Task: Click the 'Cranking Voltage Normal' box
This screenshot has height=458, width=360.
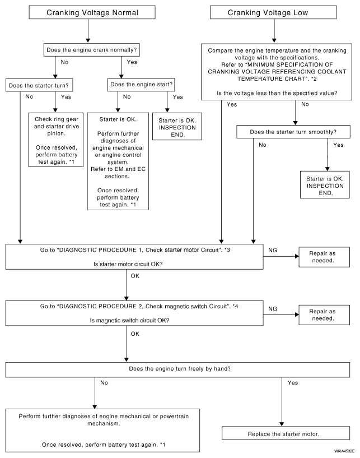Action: coord(92,12)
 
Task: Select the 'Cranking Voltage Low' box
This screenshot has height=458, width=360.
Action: coord(273,12)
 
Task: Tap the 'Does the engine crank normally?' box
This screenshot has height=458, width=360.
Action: coord(92,50)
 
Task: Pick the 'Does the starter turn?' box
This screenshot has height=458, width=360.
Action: coord(39,86)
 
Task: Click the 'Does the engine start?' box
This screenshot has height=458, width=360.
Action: coord(141,85)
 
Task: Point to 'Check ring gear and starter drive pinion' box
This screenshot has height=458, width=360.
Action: coord(56,140)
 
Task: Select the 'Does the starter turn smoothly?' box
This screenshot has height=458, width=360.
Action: coord(293,132)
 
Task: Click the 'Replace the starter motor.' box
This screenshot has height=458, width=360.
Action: coord(286,433)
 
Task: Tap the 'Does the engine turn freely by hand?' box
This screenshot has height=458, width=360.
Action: coord(177,369)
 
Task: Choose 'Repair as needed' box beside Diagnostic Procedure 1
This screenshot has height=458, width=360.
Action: coord(324,257)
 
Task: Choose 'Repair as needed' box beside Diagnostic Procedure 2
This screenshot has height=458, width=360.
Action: coord(324,315)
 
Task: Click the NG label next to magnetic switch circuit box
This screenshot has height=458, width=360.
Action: coord(273,309)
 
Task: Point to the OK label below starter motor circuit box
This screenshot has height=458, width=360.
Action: coord(135,276)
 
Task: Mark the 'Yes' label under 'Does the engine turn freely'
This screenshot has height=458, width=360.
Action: coord(293,383)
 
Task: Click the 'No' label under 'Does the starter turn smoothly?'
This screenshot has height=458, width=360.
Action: coord(262,145)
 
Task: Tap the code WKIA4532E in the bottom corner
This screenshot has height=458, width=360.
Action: coord(344,451)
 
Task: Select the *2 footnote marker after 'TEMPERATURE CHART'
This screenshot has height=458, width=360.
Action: coord(314,79)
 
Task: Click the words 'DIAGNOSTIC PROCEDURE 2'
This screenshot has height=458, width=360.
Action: coord(98,307)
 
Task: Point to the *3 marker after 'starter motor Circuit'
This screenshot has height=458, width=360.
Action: coord(227,250)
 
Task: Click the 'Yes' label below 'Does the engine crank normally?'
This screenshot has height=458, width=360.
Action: coord(132,62)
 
